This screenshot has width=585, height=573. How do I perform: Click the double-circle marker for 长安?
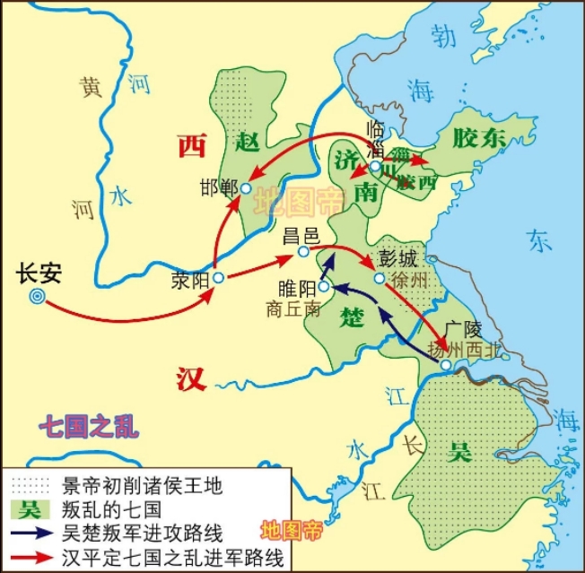click(37, 296)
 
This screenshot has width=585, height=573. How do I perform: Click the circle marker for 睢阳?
click(325, 287)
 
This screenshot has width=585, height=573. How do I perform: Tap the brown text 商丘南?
click(292, 308)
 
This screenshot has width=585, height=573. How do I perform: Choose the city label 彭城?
click(398, 259)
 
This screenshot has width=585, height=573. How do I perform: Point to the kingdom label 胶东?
click(479, 137)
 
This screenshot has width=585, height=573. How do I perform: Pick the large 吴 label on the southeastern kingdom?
click(460, 451)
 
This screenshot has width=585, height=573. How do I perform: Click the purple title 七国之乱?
click(89, 424)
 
